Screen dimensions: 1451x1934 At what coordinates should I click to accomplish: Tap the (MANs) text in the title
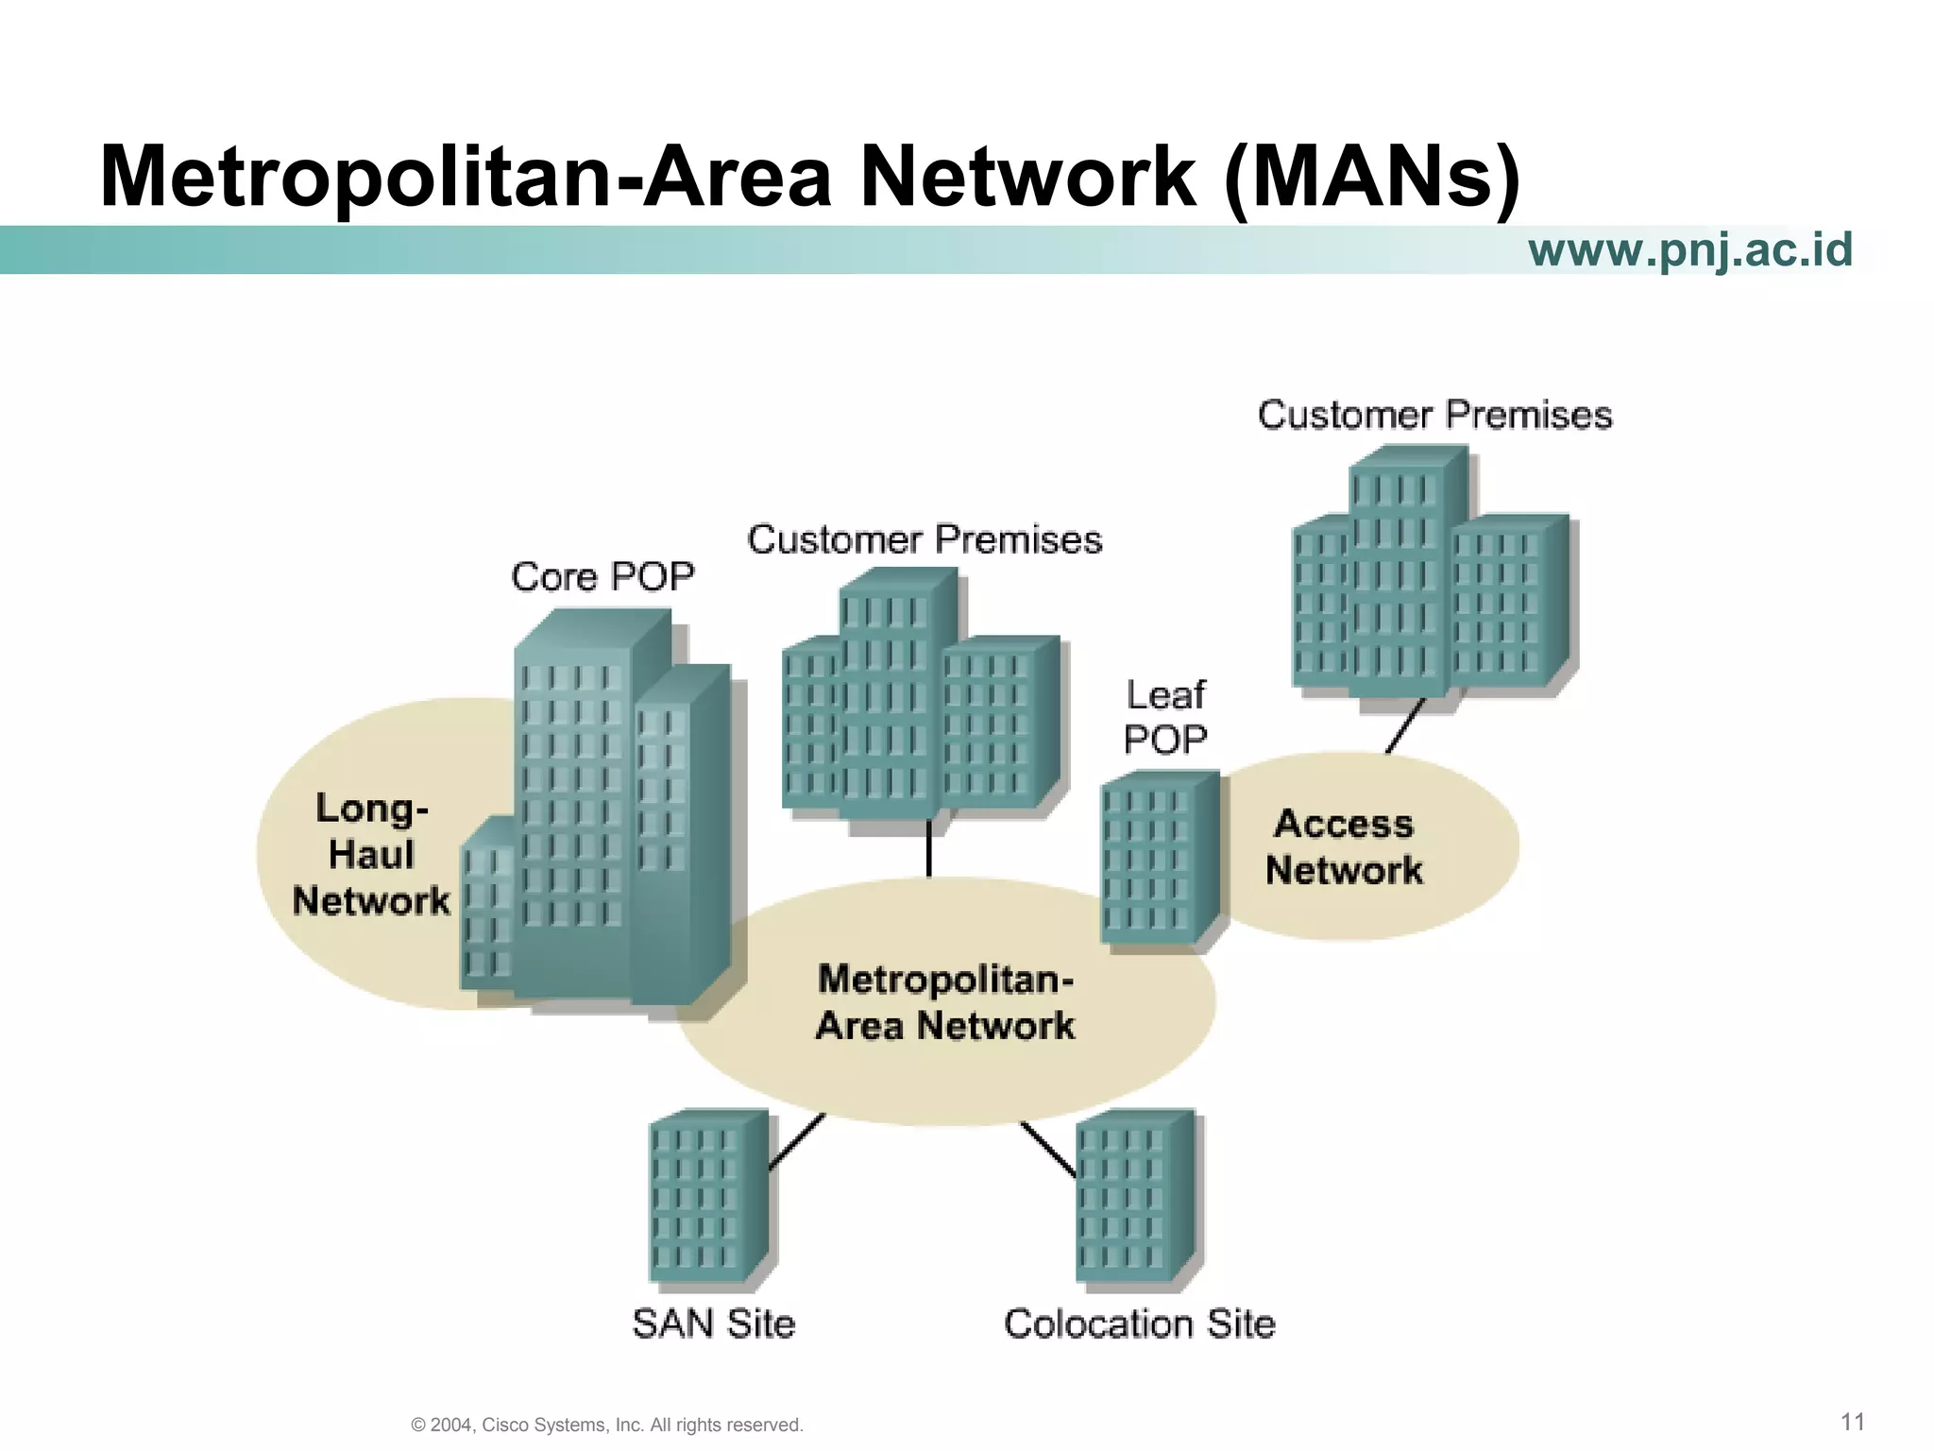[1371, 177]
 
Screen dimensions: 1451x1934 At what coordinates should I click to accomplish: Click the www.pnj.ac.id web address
[1689, 250]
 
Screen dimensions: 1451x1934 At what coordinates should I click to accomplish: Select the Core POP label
[602, 576]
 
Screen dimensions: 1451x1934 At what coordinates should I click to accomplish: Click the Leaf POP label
[1165, 717]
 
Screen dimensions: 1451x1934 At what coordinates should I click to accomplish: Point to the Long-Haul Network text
[371, 854]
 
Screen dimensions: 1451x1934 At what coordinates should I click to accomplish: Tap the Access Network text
[1344, 846]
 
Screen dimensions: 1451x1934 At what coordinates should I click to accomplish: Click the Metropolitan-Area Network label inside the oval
[945, 1001]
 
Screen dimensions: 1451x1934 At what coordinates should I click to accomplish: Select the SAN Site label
[714, 1323]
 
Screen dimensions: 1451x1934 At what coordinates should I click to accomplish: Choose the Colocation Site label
[1140, 1323]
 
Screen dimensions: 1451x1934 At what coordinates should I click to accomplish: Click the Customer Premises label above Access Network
[1434, 415]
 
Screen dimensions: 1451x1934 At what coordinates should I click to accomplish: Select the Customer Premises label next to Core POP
[925, 539]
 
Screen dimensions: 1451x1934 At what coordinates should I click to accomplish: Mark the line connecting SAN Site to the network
[797, 1142]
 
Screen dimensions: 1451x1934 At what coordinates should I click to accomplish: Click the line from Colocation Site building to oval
[1048, 1149]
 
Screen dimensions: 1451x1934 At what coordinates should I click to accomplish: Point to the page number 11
[1853, 1422]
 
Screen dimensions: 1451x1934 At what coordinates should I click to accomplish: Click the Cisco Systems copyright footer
[607, 1425]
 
